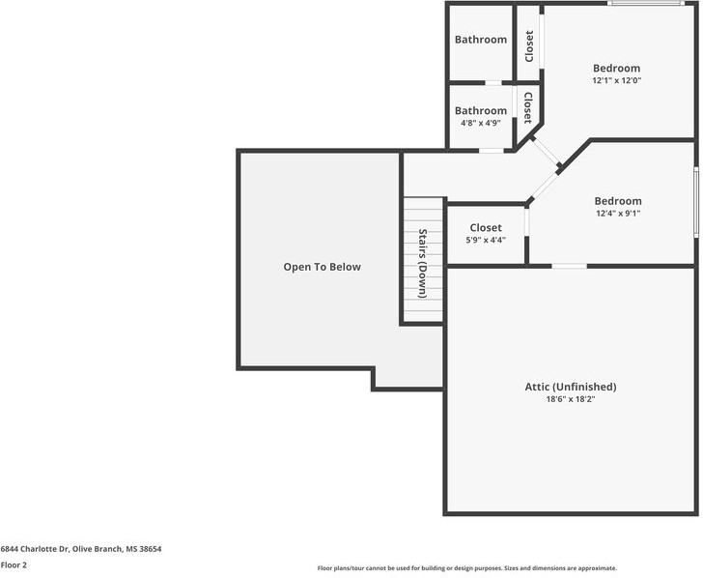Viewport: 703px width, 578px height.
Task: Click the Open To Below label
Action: click(322, 267)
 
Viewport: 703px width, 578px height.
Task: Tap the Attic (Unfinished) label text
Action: click(570, 387)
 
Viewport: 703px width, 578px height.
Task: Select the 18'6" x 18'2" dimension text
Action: click(570, 399)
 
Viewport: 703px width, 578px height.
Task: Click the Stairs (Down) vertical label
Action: click(423, 263)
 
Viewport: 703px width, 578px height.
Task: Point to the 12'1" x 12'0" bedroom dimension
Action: click(616, 81)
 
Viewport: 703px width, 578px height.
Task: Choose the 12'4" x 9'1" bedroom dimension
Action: click(617, 214)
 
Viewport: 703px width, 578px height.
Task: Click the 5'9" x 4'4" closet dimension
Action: click(486, 240)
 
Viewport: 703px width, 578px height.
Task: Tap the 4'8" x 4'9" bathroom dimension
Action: click(480, 124)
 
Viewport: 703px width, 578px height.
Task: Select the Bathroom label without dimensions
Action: click(481, 40)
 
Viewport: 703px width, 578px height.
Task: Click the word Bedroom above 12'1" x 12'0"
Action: click(616, 69)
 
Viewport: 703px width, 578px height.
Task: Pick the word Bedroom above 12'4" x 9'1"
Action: click(617, 201)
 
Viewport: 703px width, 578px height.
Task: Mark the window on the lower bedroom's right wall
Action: click(696, 201)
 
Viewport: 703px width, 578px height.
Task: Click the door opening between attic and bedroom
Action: click(569, 266)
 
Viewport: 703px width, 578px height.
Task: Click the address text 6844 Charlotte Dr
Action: click(80, 549)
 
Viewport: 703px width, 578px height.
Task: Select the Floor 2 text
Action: click(14, 565)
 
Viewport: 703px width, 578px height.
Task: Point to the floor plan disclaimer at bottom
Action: click(466, 568)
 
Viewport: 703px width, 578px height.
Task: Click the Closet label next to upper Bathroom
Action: click(529, 46)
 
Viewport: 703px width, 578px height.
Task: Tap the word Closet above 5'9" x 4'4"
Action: click(486, 228)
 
